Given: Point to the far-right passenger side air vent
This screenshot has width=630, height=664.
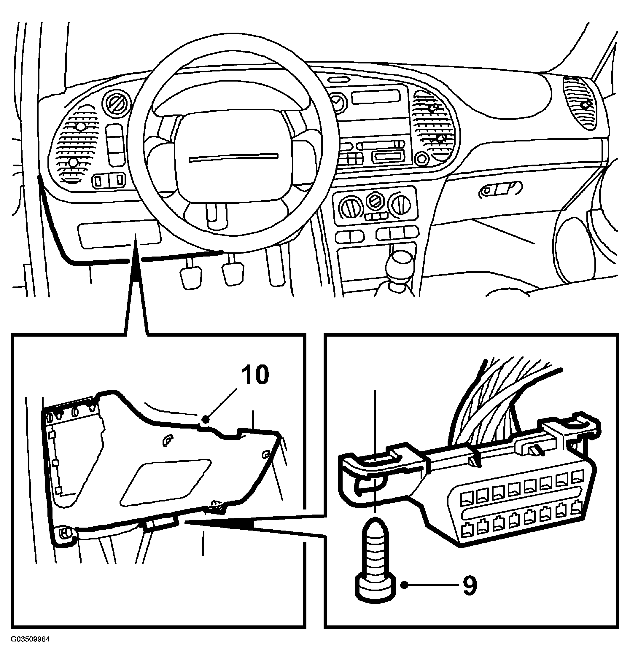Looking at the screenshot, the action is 580,103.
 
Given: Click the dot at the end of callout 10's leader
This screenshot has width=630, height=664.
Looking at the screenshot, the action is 206,419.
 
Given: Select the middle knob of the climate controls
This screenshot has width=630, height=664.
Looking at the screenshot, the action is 375,203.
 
